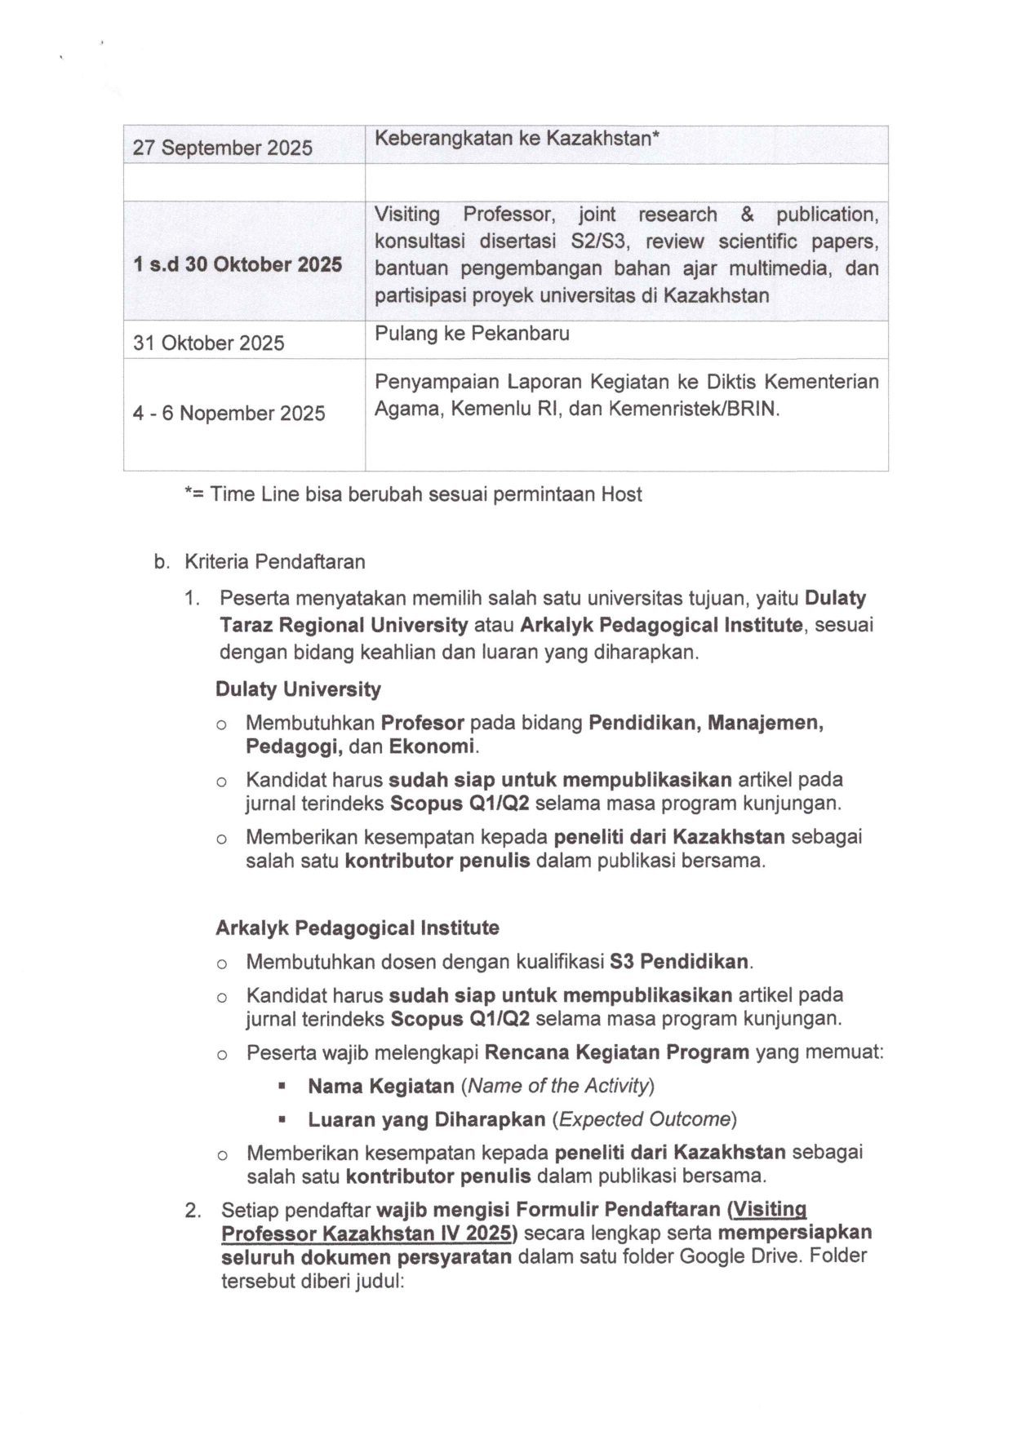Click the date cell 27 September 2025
(222, 148)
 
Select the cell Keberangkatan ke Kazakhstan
(516, 138)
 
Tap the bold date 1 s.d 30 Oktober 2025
(237, 264)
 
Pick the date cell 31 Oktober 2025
(208, 343)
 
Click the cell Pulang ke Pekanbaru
(472, 334)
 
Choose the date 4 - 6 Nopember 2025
(229, 414)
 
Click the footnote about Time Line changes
(413, 494)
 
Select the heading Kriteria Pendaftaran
(274, 562)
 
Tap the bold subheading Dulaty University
(298, 689)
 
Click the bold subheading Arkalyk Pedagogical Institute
(357, 928)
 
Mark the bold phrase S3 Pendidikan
(679, 962)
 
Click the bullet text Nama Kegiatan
(380, 1087)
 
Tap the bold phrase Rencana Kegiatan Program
(616, 1052)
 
